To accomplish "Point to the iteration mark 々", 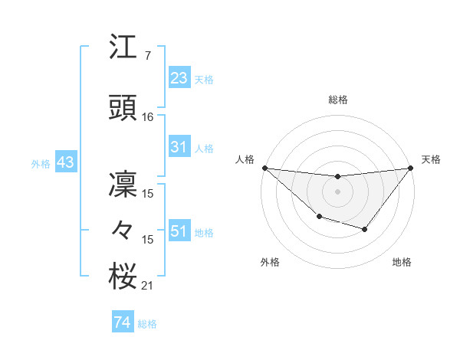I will click(x=123, y=229).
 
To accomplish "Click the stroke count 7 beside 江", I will click(x=147, y=56).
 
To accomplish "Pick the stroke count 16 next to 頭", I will click(x=148, y=117).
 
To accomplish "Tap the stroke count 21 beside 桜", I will click(x=148, y=286).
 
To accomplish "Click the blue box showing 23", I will click(x=179, y=77).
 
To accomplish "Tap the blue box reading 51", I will click(x=179, y=231).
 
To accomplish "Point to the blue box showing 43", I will click(x=65, y=162).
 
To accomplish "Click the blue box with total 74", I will click(x=122, y=322).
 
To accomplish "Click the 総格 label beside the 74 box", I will click(x=147, y=324).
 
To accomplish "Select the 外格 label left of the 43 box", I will click(x=41, y=163).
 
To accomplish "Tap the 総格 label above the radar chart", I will click(x=337, y=100).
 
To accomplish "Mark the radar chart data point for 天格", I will click(x=410, y=168).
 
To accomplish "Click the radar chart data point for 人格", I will click(x=264, y=168).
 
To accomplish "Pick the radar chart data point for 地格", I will click(x=365, y=229).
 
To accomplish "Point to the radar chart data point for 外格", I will click(x=318, y=218).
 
